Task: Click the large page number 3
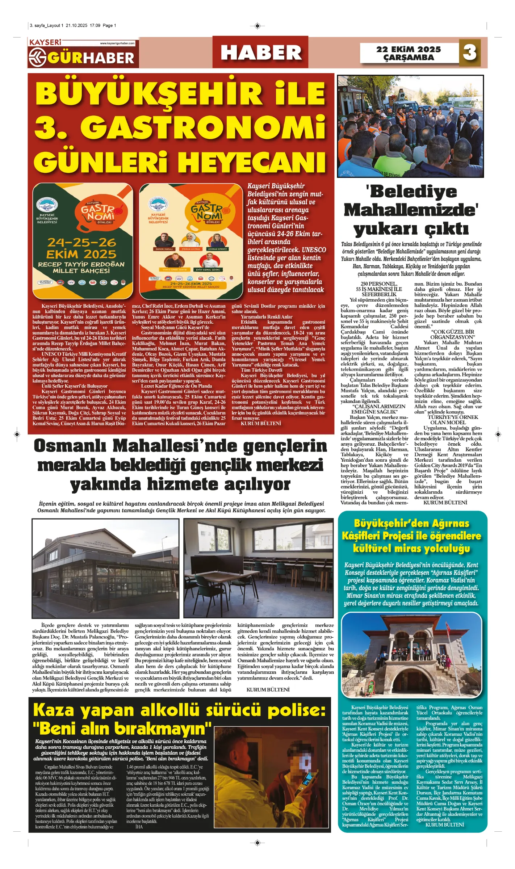point(470,53)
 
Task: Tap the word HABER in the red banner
point(261,53)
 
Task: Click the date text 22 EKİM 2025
point(409,49)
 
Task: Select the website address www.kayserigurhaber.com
point(117,43)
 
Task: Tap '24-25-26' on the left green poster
point(82,242)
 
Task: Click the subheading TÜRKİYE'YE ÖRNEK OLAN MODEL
point(448,420)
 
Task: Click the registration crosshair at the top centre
point(257,26)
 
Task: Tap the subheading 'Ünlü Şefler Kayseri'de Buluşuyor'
point(75,386)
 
